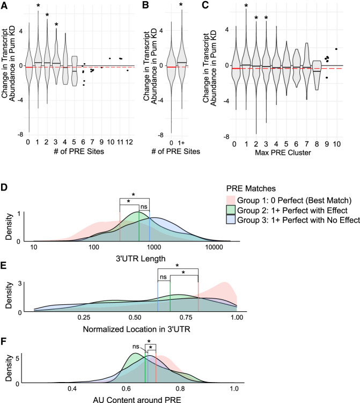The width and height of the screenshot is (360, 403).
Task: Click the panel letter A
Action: coord(5,5)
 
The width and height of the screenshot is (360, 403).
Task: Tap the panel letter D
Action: coord(5,188)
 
